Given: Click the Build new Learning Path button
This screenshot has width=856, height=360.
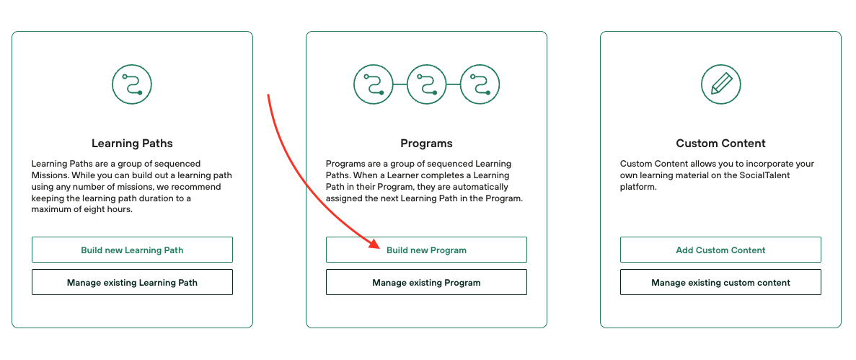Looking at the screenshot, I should (132, 250).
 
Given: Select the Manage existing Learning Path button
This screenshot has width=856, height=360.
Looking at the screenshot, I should (132, 283).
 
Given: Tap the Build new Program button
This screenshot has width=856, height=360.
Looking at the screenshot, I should (426, 250).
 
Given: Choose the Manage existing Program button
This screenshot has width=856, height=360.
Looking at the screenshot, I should (426, 283).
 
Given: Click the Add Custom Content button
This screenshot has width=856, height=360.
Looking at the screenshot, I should (720, 250).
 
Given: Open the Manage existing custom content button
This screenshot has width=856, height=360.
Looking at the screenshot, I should (720, 283).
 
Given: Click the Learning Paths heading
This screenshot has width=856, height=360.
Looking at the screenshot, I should (132, 144).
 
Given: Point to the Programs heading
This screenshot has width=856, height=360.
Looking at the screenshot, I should (426, 144).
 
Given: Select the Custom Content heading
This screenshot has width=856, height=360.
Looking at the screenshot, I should (720, 144).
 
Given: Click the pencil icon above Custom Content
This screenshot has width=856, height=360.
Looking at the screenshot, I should (721, 84).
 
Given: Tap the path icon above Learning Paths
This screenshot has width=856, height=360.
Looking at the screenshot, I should (132, 84).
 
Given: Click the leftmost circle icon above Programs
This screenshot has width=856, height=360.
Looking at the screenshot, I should (374, 84).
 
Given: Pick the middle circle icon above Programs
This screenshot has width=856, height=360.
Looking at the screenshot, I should (427, 84).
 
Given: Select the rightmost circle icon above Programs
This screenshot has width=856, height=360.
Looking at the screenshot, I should (480, 84).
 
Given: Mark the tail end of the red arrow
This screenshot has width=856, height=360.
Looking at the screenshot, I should (268, 95).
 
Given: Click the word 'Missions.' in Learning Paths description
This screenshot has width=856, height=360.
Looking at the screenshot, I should (52, 175).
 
